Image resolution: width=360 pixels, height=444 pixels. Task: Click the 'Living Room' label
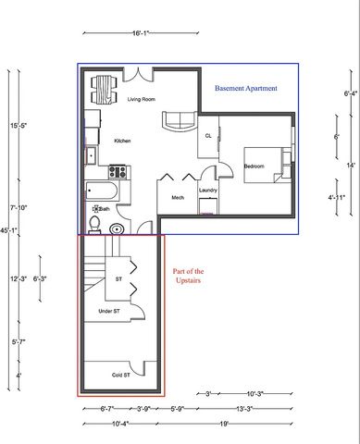point(141,99)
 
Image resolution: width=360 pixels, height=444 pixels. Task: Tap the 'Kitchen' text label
point(122,141)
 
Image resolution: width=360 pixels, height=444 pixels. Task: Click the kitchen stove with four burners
point(118,170)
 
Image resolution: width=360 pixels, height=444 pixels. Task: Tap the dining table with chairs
point(103,89)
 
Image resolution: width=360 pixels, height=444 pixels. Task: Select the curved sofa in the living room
point(178,121)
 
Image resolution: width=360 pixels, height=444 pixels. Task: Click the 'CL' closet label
point(208,135)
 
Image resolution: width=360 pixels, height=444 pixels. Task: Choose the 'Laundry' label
point(207,191)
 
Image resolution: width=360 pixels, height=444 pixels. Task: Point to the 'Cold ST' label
point(120,375)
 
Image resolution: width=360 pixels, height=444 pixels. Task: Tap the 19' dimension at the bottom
point(224,424)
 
